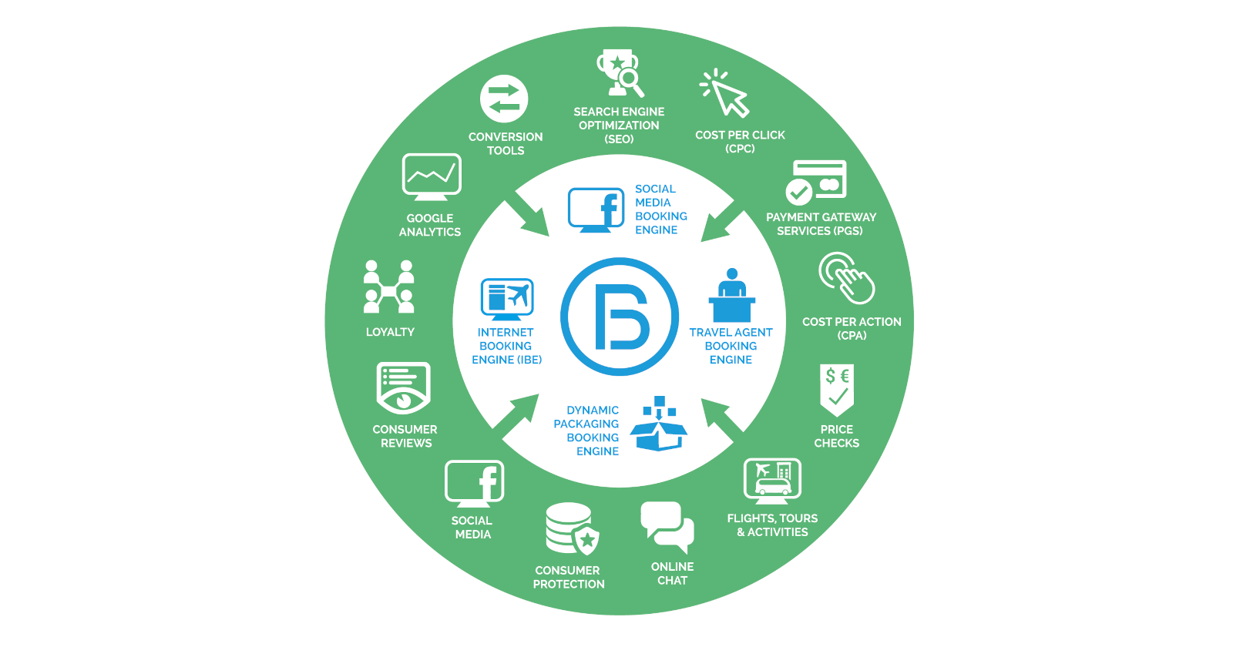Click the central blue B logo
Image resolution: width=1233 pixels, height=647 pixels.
click(x=620, y=317)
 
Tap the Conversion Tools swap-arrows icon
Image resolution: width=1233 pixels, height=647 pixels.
click(x=504, y=99)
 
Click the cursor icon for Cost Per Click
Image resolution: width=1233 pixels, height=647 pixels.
click(x=725, y=93)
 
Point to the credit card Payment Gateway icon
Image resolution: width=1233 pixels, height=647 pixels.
click(x=817, y=181)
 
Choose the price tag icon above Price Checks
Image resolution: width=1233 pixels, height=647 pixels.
click(x=837, y=389)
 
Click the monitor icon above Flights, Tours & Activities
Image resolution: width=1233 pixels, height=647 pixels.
click(x=772, y=480)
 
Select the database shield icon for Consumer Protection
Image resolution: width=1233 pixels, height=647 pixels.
click(x=572, y=529)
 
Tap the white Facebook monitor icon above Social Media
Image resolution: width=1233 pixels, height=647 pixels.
click(x=474, y=483)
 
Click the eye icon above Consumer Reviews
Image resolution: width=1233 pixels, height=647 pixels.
click(x=403, y=389)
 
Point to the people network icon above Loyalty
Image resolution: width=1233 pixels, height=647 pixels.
click(x=389, y=287)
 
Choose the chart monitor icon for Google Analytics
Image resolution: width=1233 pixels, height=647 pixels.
click(x=432, y=176)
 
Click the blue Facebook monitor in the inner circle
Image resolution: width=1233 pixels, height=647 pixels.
click(x=596, y=209)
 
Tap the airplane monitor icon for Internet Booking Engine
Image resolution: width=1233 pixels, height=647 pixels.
click(x=507, y=299)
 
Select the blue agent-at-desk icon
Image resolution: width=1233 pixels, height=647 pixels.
click(x=731, y=296)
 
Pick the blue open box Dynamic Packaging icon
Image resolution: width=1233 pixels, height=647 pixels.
click(x=659, y=424)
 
